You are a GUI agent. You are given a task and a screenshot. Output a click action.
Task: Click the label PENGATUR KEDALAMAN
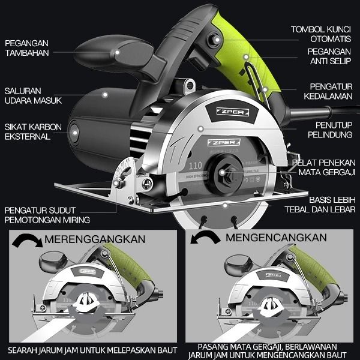click(330, 92)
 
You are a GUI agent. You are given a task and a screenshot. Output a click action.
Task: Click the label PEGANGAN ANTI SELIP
click(329, 57)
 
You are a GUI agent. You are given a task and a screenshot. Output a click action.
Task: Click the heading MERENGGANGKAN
click(94, 239)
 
